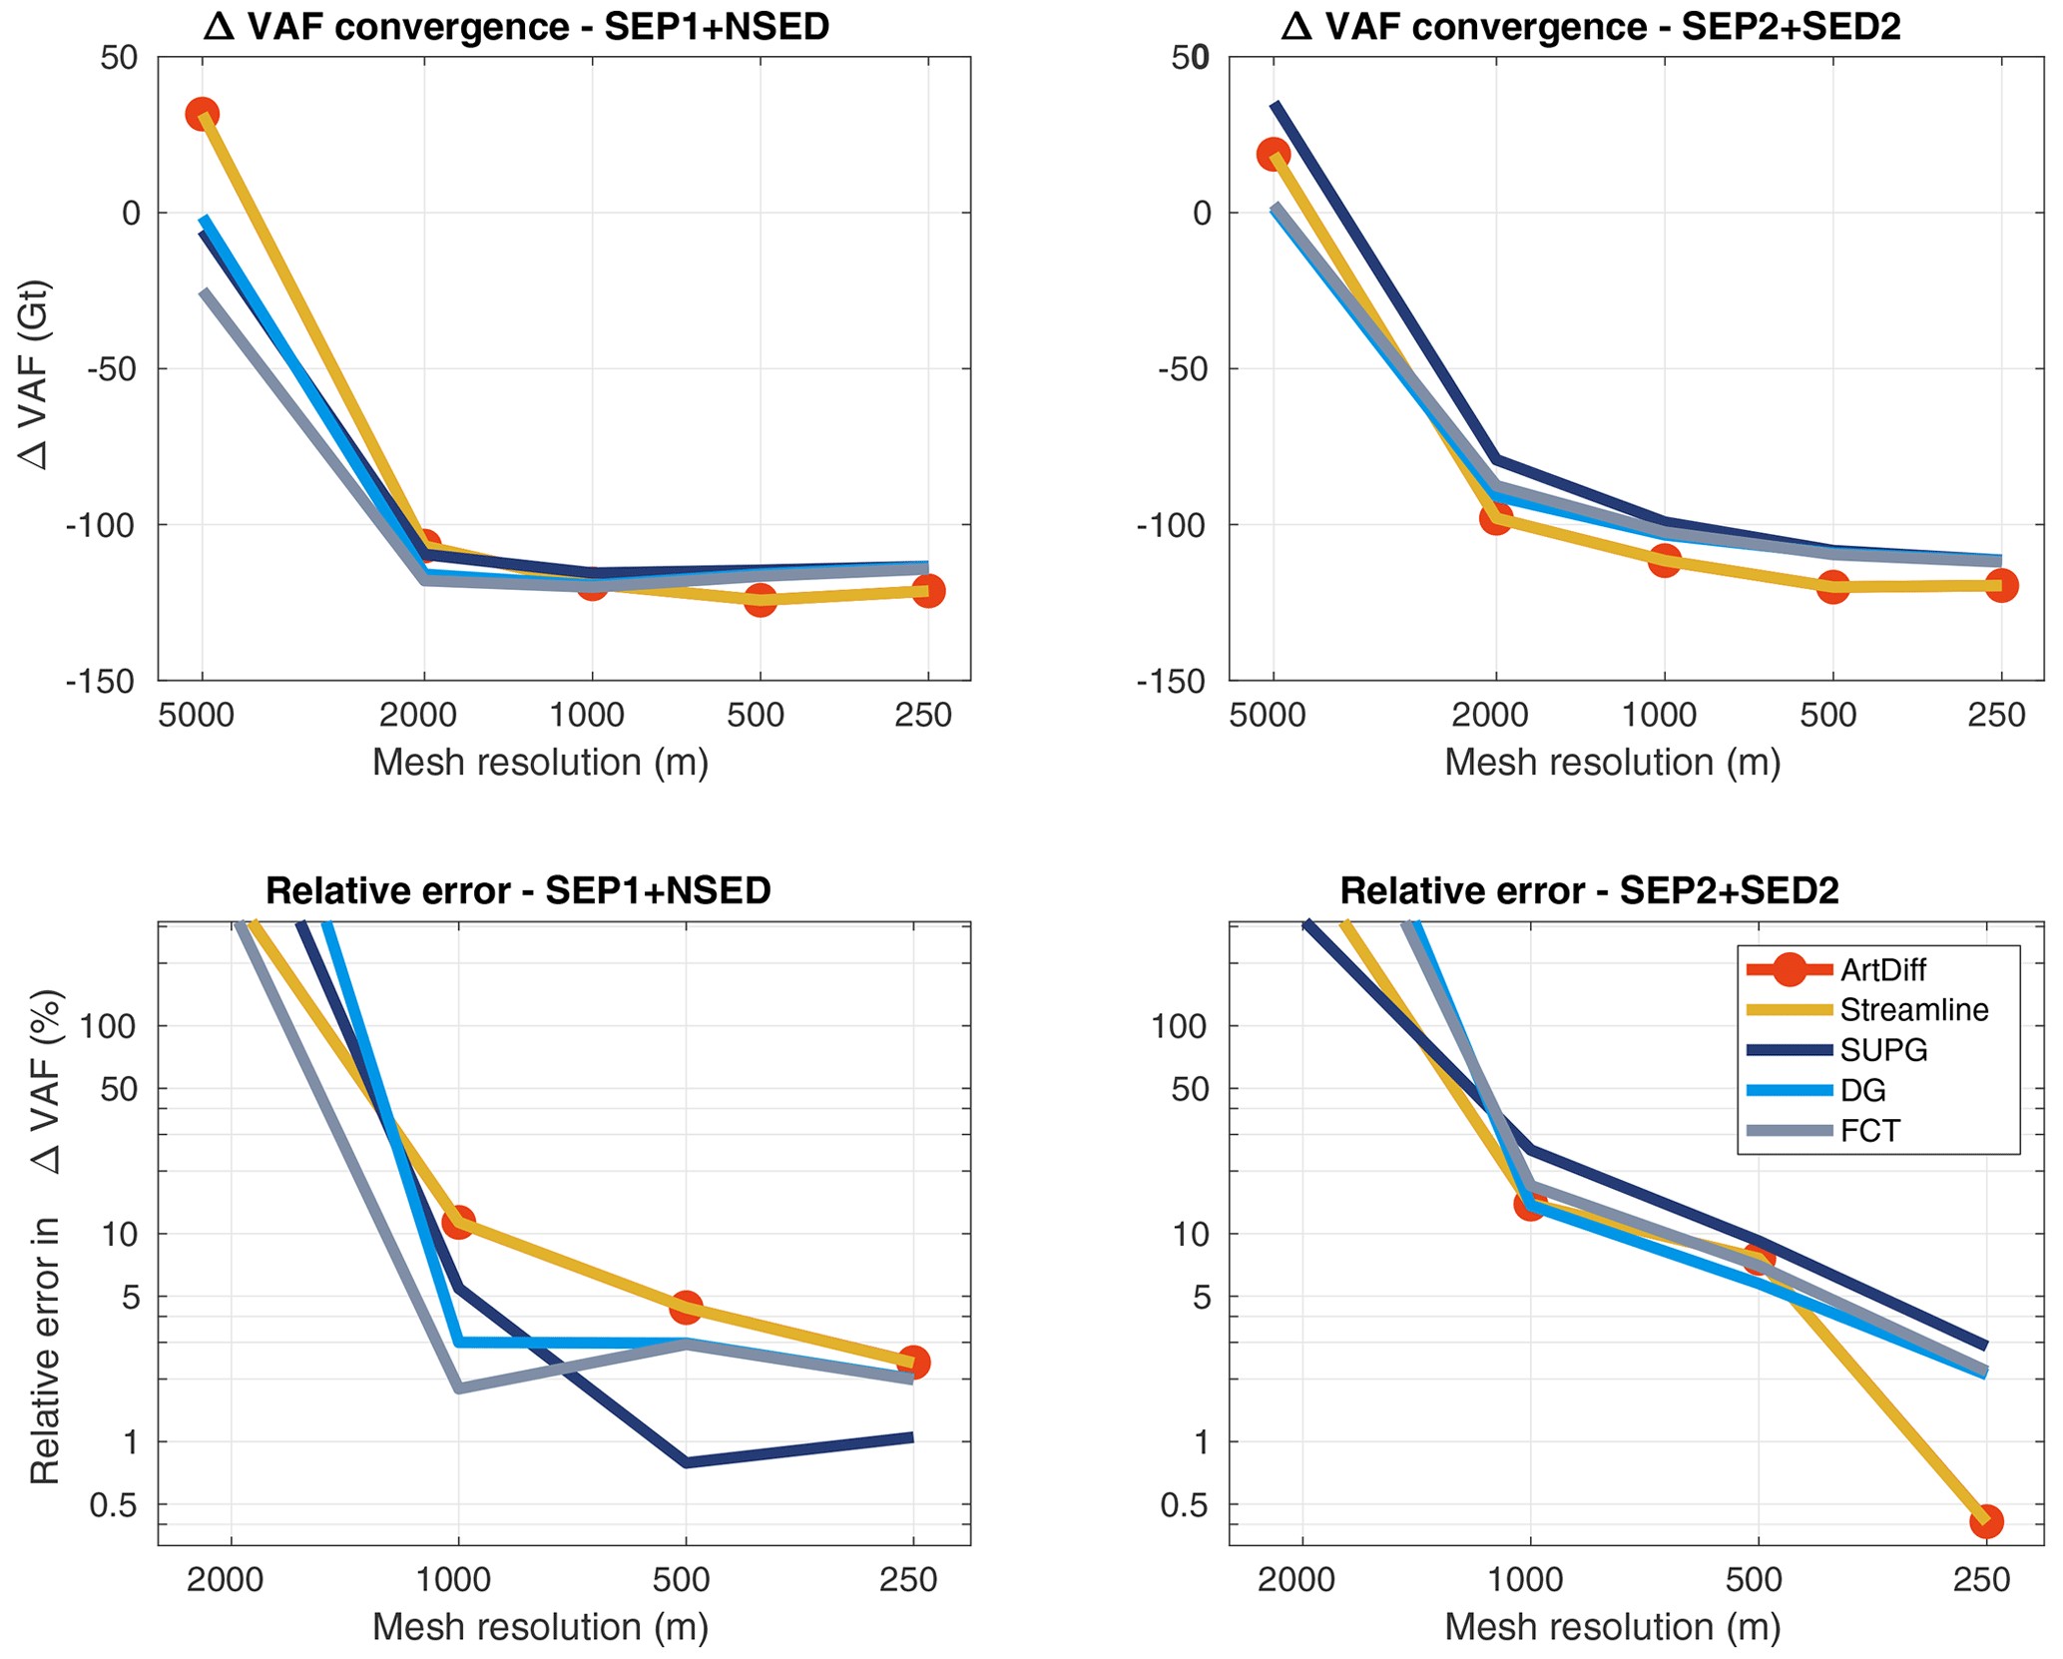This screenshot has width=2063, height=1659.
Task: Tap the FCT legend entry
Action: (1869, 1130)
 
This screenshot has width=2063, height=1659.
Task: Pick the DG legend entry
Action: (1862, 1090)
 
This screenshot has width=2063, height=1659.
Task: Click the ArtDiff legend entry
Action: (1882, 969)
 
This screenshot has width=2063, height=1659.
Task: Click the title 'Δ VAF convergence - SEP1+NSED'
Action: (516, 27)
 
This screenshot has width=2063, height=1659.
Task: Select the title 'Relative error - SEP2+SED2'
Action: (1589, 889)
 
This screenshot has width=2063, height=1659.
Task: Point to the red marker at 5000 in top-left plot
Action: (203, 115)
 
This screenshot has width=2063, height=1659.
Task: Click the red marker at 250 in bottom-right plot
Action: (1985, 1521)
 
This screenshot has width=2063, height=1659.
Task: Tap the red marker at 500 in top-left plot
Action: (761, 599)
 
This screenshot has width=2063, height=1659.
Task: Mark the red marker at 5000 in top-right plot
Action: (1274, 154)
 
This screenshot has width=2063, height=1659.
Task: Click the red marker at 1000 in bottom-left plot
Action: (458, 1223)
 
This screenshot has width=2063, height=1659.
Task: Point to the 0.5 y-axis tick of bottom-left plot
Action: (114, 1505)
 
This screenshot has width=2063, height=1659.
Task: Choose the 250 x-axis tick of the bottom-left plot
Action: (908, 1580)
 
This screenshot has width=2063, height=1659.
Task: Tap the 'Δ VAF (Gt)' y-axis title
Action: (36, 374)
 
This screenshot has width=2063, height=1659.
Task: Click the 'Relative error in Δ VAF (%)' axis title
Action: (45, 1236)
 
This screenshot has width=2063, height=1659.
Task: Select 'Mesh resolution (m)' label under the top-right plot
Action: (1612, 762)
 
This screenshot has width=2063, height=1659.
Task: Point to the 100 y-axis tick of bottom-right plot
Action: (1180, 1026)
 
